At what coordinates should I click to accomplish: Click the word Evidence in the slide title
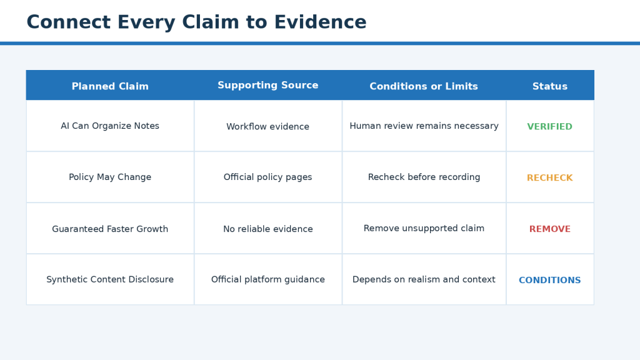click(320, 22)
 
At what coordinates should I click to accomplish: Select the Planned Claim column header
click(110, 86)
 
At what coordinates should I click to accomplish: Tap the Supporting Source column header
click(267, 85)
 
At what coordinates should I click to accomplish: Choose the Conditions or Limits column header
click(424, 86)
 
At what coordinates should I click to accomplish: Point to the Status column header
click(550, 86)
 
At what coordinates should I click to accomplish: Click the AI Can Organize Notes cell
click(110, 126)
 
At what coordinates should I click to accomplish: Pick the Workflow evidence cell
click(267, 126)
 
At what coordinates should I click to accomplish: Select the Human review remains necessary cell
click(424, 126)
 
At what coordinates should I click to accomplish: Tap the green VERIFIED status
click(550, 126)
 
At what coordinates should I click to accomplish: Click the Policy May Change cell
click(110, 177)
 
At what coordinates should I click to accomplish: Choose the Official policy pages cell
click(267, 177)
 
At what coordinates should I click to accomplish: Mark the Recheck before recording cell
click(424, 177)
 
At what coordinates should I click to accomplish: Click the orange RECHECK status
click(550, 178)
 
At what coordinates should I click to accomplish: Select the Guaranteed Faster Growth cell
click(110, 229)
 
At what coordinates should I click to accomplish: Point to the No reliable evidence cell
click(267, 229)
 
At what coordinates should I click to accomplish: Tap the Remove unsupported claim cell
click(424, 228)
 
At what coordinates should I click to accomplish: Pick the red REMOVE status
click(550, 229)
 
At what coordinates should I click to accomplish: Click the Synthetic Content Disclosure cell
click(110, 279)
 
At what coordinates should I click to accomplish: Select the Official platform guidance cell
click(267, 279)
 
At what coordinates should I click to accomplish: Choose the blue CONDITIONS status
click(550, 281)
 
